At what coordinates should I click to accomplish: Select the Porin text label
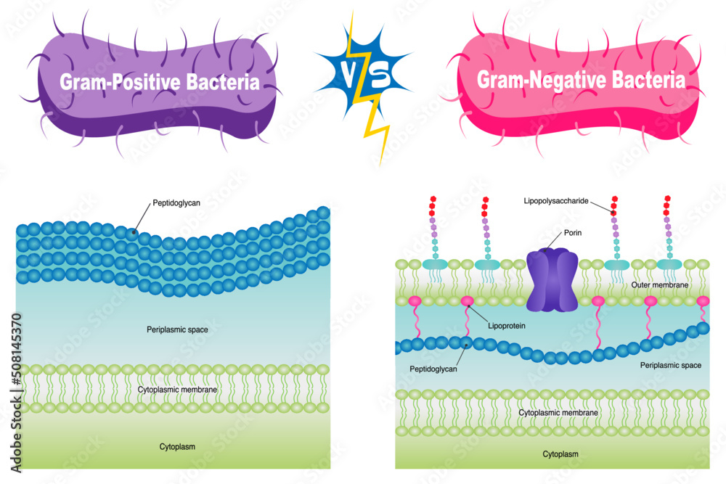(x=574, y=233)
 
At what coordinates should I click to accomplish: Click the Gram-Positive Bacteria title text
(x=160, y=82)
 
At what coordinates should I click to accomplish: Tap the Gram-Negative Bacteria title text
(x=580, y=80)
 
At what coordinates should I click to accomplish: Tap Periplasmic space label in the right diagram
(x=671, y=365)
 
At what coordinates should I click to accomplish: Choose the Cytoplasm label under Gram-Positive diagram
(x=177, y=446)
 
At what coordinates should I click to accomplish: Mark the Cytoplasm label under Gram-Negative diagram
(x=561, y=454)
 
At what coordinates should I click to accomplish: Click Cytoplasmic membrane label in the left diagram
(x=177, y=390)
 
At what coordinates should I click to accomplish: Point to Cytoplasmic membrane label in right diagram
(x=558, y=412)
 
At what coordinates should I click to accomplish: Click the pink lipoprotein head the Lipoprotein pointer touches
(x=467, y=300)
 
